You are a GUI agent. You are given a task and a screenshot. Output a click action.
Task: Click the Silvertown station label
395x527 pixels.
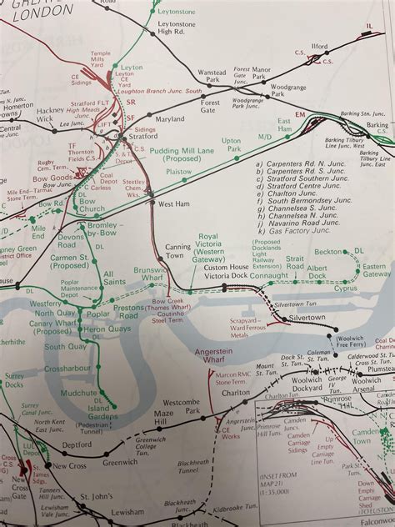point(305,319)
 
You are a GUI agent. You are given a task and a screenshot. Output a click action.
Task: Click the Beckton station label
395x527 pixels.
point(328,251)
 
